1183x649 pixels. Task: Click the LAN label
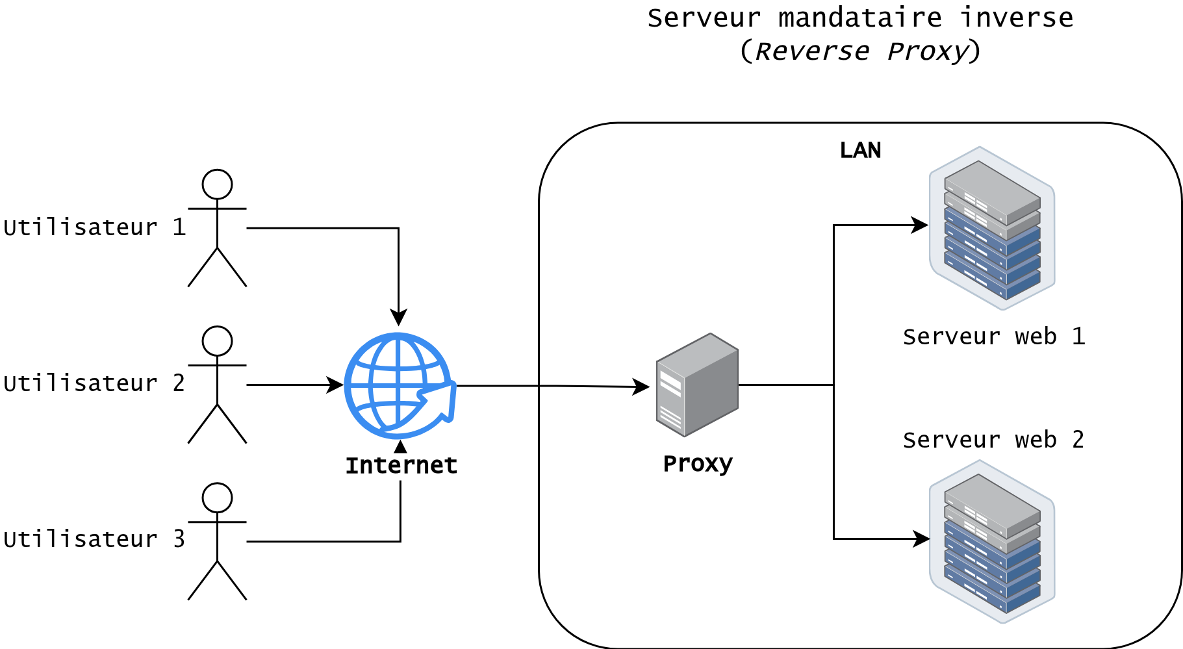(860, 150)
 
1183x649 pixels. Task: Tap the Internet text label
(401, 466)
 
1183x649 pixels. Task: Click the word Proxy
(697, 464)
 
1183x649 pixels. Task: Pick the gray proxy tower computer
(697, 385)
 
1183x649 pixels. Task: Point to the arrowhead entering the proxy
(642, 387)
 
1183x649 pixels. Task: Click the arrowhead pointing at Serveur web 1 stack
(921, 225)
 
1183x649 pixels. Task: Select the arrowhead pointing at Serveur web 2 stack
(922, 539)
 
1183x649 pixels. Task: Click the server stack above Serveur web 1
(992, 229)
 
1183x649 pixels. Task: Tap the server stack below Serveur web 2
(992, 542)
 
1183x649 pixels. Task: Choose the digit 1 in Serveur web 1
(1078, 337)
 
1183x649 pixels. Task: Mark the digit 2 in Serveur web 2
(1078, 440)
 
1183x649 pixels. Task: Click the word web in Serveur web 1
(1036, 337)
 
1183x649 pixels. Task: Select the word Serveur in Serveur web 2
(952, 440)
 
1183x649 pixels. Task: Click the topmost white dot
(217, 185)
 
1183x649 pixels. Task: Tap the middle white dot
(217, 341)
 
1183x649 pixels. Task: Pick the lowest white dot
(217, 498)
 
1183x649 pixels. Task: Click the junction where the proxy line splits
(833, 385)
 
